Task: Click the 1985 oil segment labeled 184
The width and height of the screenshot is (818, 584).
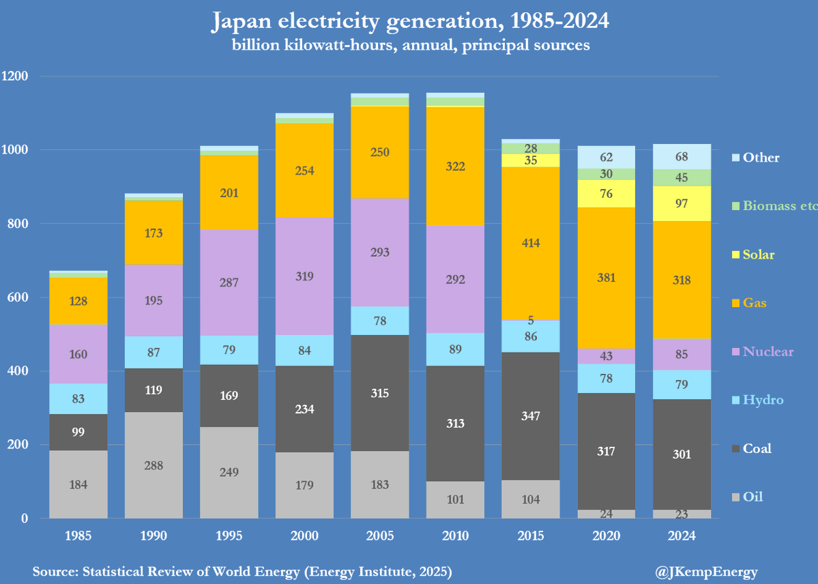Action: pyautogui.click(x=78, y=485)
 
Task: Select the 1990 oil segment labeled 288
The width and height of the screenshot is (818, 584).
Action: pyautogui.click(x=154, y=465)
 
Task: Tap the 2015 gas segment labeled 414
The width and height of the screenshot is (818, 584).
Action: pyautogui.click(x=531, y=243)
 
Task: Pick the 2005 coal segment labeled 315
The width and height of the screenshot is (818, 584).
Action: pyautogui.click(x=380, y=393)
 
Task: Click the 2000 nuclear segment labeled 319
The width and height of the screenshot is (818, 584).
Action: pyautogui.click(x=304, y=276)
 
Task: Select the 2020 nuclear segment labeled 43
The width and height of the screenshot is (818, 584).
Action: pyautogui.click(x=607, y=356)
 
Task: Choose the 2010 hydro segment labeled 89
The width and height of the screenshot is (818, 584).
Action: pyautogui.click(x=455, y=350)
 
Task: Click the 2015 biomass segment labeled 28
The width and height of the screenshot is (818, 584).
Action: pyautogui.click(x=531, y=148)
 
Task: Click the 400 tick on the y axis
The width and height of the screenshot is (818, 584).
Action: pyautogui.click(x=18, y=371)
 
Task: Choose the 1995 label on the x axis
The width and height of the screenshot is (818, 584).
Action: pyautogui.click(x=229, y=536)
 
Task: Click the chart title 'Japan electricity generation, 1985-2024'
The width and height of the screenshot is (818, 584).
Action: pyautogui.click(x=409, y=22)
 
